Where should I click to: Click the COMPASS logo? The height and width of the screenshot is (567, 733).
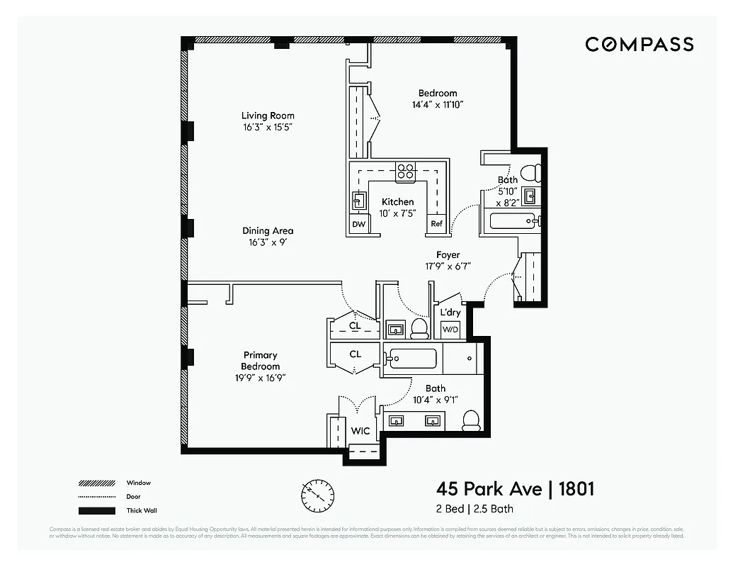coord(639,45)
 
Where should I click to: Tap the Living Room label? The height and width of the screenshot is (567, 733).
coord(268,116)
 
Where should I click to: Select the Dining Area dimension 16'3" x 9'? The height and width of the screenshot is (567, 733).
coord(268,242)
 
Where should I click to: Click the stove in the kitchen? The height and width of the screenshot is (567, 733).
coord(405,171)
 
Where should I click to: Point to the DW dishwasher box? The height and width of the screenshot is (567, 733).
coord(358,225)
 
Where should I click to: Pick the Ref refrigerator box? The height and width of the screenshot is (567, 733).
coord(437,225)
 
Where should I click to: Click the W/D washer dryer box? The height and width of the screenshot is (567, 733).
coord(450,330)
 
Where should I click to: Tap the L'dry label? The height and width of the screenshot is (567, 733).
coord(450,313)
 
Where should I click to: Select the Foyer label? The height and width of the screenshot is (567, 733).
coord(448,254)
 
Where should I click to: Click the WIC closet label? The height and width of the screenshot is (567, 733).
coord(360,431)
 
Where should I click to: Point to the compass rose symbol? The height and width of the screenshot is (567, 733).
coord(318,495)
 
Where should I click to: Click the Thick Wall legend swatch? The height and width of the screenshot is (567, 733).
coord(96,510)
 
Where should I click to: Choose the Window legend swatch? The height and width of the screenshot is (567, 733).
coord(96,483)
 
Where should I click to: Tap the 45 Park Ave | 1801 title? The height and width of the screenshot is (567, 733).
coord(514,489)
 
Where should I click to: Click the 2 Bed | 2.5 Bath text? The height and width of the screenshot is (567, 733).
coord(475,509)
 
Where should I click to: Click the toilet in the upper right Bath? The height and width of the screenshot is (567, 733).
coord(530,172)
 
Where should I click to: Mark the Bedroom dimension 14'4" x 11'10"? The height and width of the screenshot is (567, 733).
coord(437,105)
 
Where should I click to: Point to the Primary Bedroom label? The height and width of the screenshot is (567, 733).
coord(261,361)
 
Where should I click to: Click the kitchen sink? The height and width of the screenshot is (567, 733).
coord(358,201)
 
